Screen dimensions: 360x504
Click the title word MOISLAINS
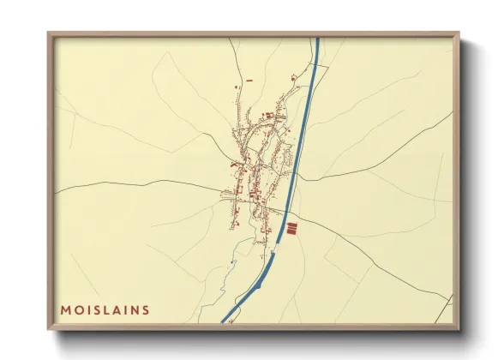[x=105, y=309]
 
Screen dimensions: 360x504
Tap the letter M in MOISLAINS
[x=64, y=309]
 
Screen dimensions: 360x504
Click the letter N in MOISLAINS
[x=135, y=309]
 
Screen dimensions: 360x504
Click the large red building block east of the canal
[x=291, y=228]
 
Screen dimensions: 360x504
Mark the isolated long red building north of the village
[x=249, y=80]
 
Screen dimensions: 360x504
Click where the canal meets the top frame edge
[x=317, y=39]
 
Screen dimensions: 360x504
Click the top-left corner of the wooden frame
[x=49, y=33]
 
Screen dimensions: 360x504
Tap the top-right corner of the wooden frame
[x=458, y=33]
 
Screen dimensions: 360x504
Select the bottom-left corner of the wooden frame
[x=49, y=328]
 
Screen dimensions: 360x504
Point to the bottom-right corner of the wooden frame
[x=458, y=328]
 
